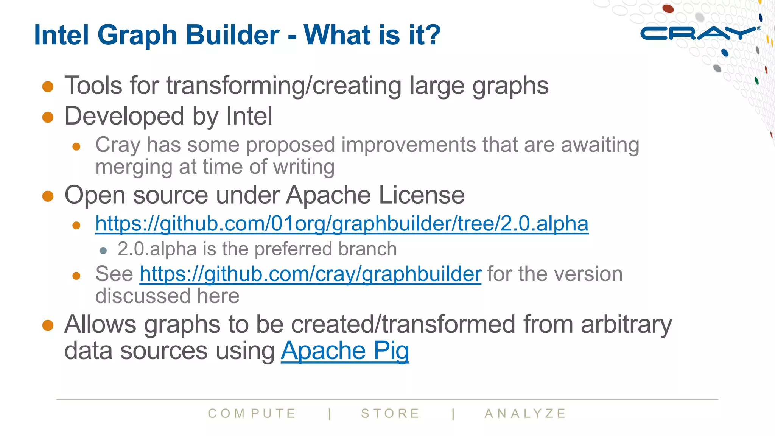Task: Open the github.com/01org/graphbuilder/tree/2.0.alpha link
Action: click(342, 224)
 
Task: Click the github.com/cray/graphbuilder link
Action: click(310, 274)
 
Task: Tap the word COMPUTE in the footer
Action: click(252, 413)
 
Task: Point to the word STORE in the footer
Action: click(391, 413)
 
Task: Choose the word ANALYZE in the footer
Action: click(525, 413)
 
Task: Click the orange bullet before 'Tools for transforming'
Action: click(48, 86)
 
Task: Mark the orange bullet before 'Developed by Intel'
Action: click(48, 117)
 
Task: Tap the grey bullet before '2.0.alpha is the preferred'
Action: click(103, 250)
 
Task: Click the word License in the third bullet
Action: click(422, 195)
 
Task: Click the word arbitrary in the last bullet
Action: click(626, 324)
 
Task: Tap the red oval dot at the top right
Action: click(668, 8)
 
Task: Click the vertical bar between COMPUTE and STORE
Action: click(330, 414)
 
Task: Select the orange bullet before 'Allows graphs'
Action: click(48, 325)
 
